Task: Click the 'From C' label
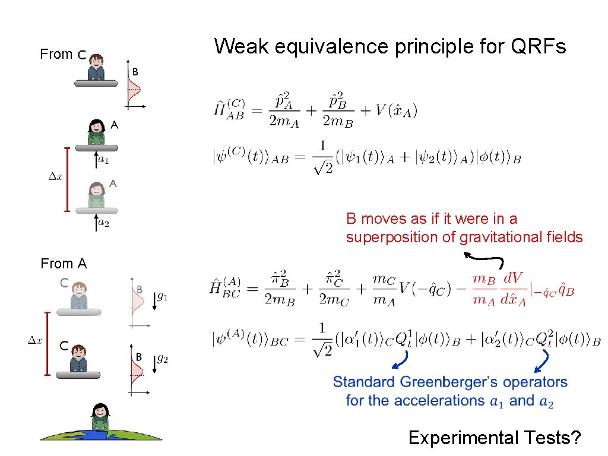click(x=64, y=55)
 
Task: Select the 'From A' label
click(x=64, y=264)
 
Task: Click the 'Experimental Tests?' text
click(x=494, y=438)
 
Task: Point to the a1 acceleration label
click(x=103, y=159)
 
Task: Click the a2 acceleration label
click(x=103, y=223)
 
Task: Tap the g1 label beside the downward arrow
click(x=162, y=295)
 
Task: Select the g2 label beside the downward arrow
click(x=162, y=359)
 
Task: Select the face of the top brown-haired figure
click(x=97, y=61)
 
